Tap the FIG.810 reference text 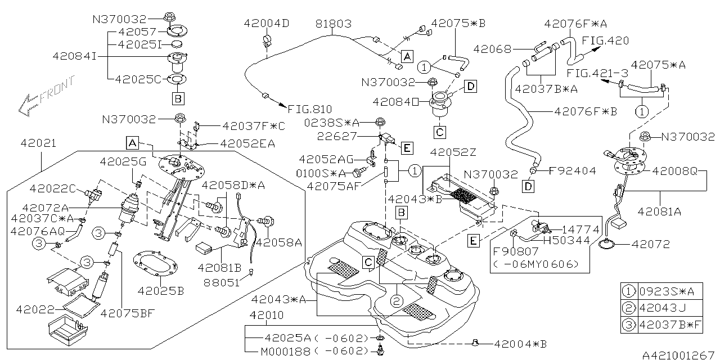309,109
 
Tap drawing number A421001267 677,354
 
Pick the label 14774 574,229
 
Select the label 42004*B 521,344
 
